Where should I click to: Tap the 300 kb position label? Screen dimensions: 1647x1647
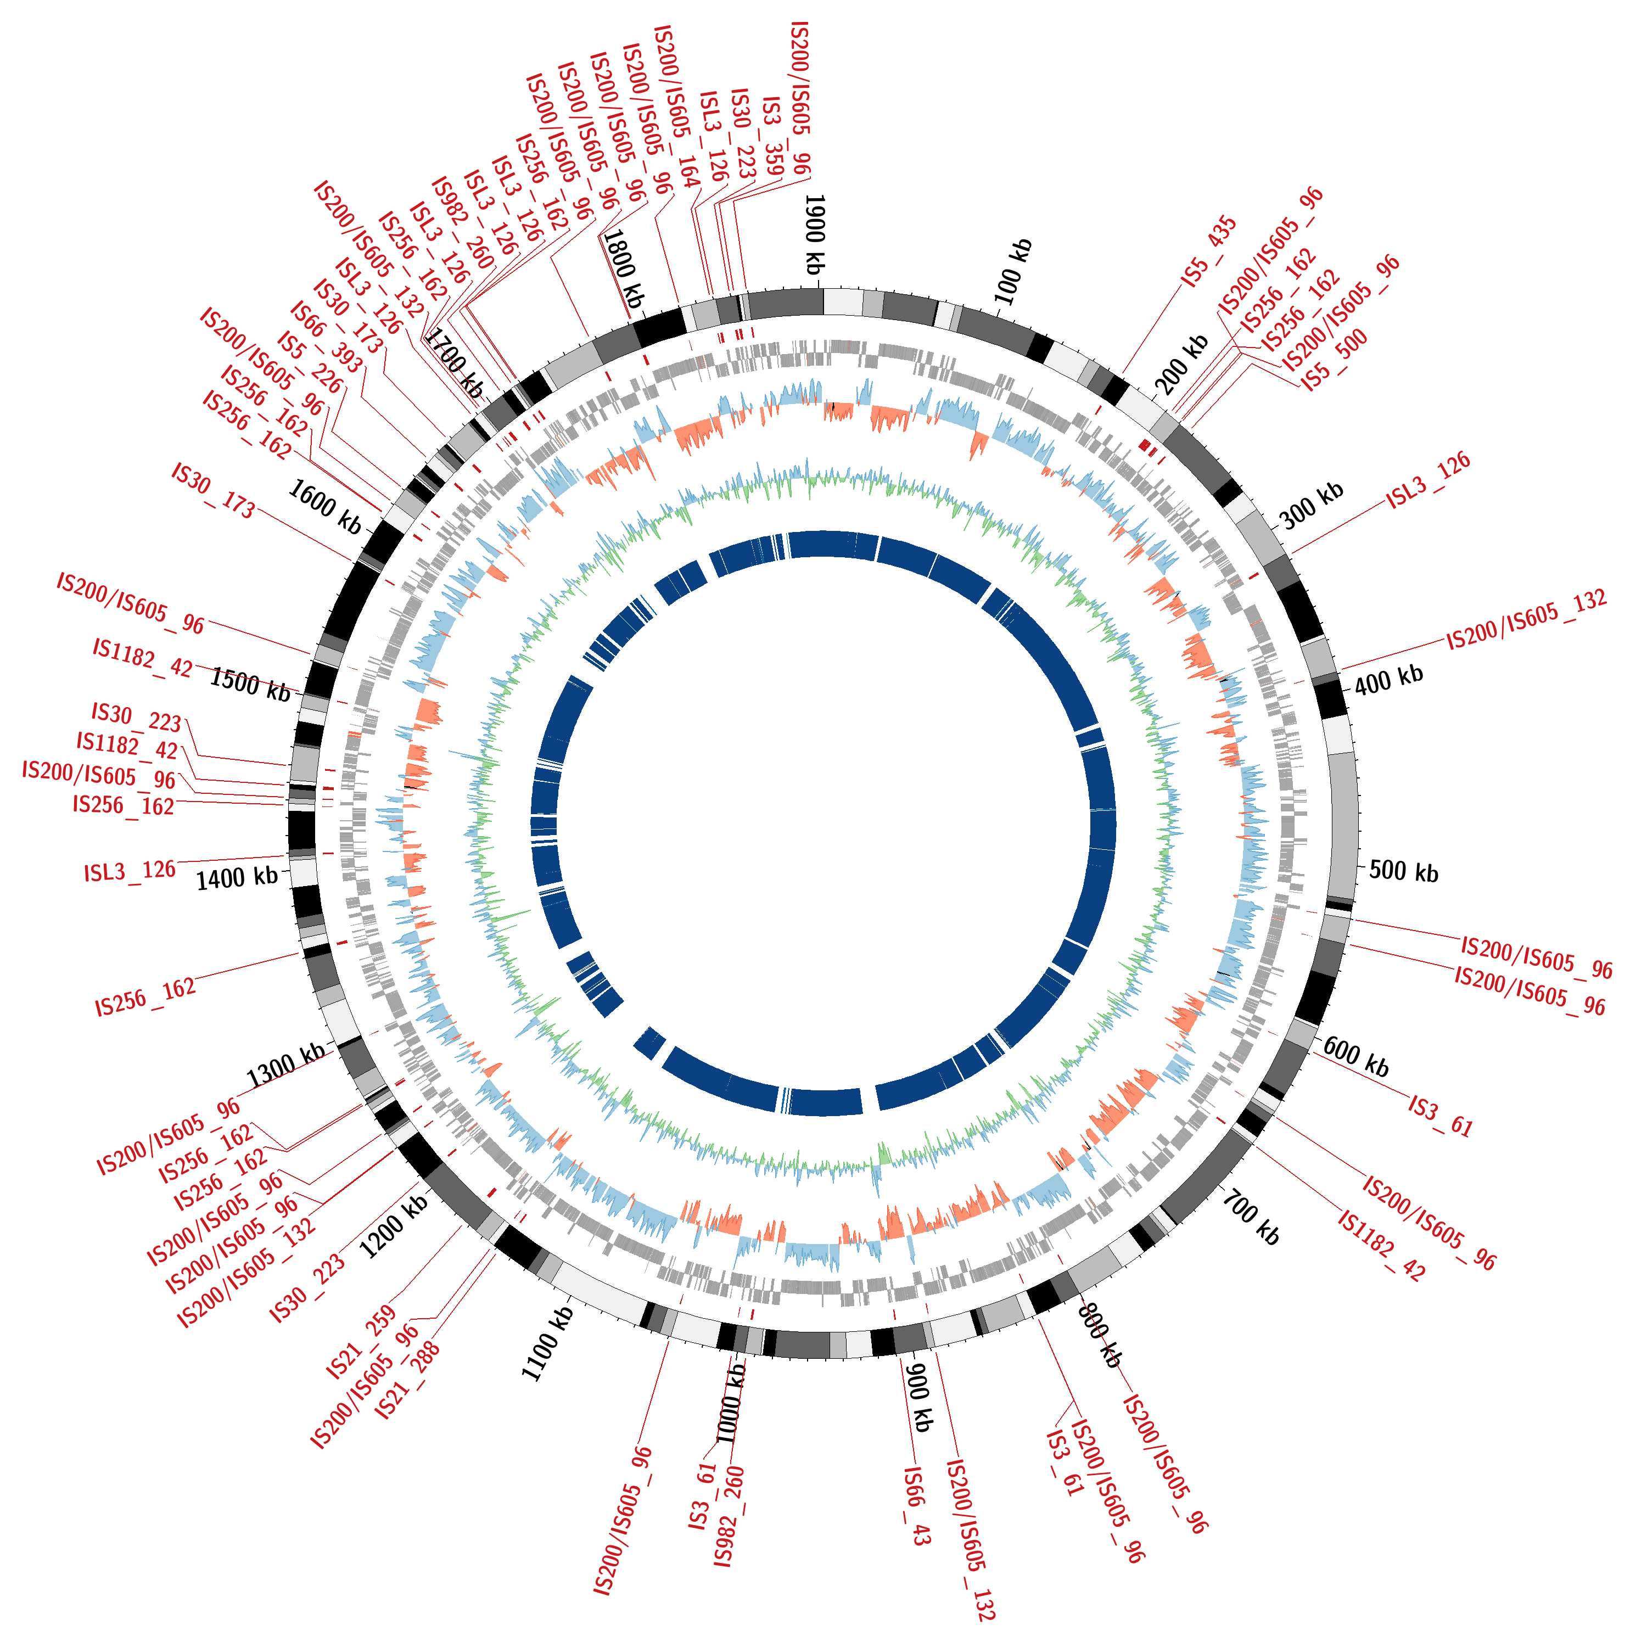pyautogui.click(x=1312, y=505)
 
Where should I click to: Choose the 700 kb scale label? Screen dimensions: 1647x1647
pyautogui.click(x=1252, y=1218)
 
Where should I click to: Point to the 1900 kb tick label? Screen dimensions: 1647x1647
pyautogui.click(x=815, y=234)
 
